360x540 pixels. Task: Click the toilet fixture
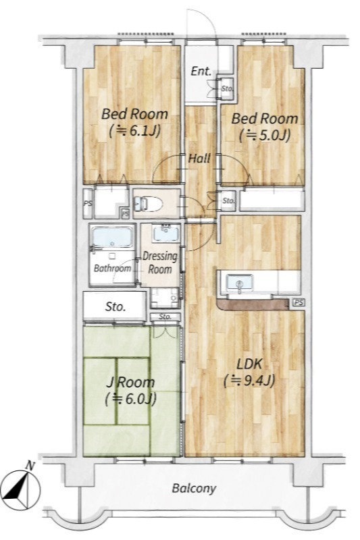[x=148, y=204]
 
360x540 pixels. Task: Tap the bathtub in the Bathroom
[x=112, y=237]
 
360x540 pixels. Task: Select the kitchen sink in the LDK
[x=239, y=283]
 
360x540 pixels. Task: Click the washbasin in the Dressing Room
[x=166, y=233]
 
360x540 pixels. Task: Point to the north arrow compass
[x=20, y=488]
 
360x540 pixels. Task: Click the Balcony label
[x=194, y=488]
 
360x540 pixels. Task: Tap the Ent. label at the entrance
[x=201, y=72]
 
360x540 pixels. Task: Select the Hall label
[x=199, y=159]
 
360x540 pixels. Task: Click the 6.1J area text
[x=134, y=131]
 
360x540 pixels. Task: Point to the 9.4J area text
[x=249, y=381]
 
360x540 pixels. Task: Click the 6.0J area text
[x=131, y=398]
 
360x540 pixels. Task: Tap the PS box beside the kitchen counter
[x=299, y=302]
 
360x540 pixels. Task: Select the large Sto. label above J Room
[x=115, y=306]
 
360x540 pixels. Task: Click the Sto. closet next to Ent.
[x=227, y=89]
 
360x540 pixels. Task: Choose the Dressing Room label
[x=160, y=263]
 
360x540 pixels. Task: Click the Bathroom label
[x=112, y=268]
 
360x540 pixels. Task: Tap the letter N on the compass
[x=30, y=466]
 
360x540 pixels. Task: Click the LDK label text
[x=249, y=364]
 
